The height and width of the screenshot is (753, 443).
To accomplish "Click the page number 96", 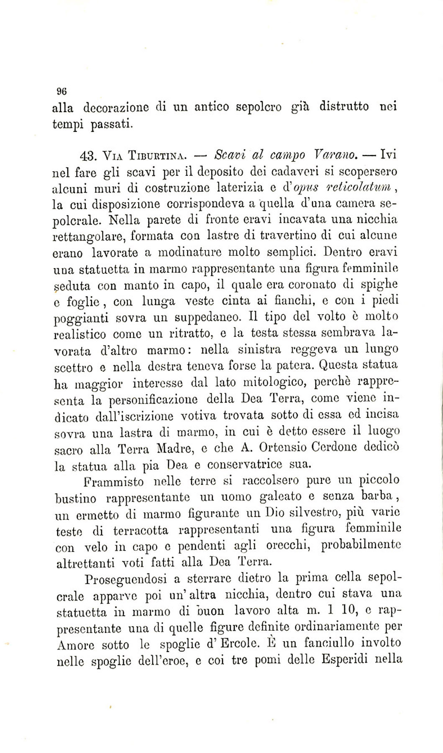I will click(x=61, y=91).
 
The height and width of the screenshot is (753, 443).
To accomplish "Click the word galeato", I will click(x=280, y=496).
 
